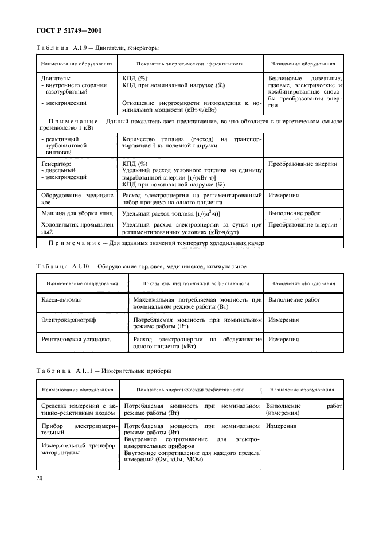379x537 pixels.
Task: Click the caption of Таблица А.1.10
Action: [141, 267]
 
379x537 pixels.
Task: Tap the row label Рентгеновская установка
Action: [76, 339]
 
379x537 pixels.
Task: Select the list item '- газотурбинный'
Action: [65, 91]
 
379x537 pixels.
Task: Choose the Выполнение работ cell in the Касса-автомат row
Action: [294, 300]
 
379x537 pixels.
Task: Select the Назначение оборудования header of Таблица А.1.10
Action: [303, 283]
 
